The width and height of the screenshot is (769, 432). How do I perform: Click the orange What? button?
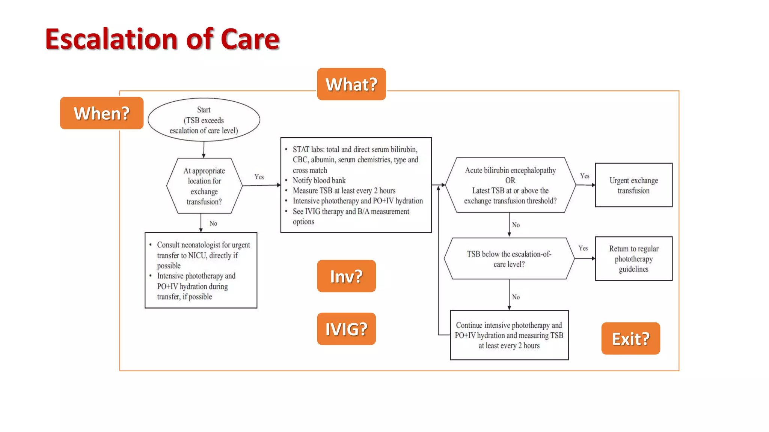(x=351, y=84)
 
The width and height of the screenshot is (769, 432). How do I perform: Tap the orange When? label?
(x=101, y=113)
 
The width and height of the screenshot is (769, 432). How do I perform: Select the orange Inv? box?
(x=346, y=276)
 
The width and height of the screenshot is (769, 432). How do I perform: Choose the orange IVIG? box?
(x=346, y=329)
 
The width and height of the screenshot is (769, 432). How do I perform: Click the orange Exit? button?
(x=630, y=339)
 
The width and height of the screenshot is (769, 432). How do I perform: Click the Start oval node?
(x=204, y=120)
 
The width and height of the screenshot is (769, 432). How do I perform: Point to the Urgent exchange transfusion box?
(x=633, y=185)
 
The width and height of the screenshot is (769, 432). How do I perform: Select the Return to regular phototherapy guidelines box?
(x=633, y=259)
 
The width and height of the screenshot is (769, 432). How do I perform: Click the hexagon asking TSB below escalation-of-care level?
(x=509, y=259)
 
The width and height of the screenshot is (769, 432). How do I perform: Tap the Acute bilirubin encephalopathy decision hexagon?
(x=510, y=185)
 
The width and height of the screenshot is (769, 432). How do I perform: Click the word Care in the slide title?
(x=250, y=39)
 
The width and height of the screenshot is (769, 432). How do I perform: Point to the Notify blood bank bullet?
(x=319, y=180)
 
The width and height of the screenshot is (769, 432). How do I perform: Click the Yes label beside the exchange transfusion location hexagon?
(x=259, y=177)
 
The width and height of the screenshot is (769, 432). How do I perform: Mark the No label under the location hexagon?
(x=213, y=223)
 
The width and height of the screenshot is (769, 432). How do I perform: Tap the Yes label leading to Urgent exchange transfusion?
(x=585, y=176)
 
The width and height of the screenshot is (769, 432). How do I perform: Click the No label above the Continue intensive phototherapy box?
(x=516, y=297)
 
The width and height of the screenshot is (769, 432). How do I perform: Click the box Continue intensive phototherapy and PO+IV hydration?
(x=509, y=335)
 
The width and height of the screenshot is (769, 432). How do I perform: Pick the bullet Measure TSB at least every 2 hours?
(x=344, y=190)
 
